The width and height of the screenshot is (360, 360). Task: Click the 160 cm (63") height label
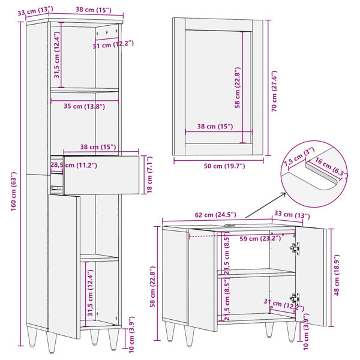point(14,191)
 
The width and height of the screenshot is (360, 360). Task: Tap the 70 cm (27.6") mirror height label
point(274,91)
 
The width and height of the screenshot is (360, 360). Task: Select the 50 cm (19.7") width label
point(224,166)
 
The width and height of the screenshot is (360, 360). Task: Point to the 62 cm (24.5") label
point(215,215)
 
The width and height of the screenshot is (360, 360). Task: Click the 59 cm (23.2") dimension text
point(260,239)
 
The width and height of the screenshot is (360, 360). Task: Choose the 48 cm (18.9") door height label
point(337,275)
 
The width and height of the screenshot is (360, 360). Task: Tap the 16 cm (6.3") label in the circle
point(331,167)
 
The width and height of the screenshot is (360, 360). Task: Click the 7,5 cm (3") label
point(299,157)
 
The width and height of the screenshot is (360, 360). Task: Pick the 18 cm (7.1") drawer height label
point(149,175)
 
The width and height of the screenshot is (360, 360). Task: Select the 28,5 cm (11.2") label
point(74,165)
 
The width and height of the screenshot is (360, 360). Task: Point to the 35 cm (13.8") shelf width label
point(84,106)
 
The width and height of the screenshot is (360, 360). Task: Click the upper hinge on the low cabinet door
point(295,248)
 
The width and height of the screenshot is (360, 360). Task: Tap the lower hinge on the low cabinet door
point(295,298)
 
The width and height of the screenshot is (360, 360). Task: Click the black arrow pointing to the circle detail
point(265,205)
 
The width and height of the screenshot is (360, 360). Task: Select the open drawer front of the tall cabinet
point(101,175)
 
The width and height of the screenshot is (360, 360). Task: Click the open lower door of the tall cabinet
point(65,266)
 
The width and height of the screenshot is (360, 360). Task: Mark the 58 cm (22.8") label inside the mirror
point(237,88)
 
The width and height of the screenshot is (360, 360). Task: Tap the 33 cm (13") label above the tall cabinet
point(35,11)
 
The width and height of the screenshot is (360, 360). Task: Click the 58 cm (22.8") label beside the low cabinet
point(152,287)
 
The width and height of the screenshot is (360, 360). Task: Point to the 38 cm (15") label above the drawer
point(98,147)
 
